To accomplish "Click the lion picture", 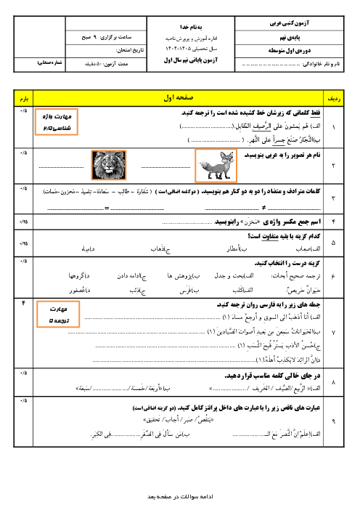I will pyautogui.click(x=105, y=164).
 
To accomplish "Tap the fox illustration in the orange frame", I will pyautogui.click(x=216, y=164).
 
